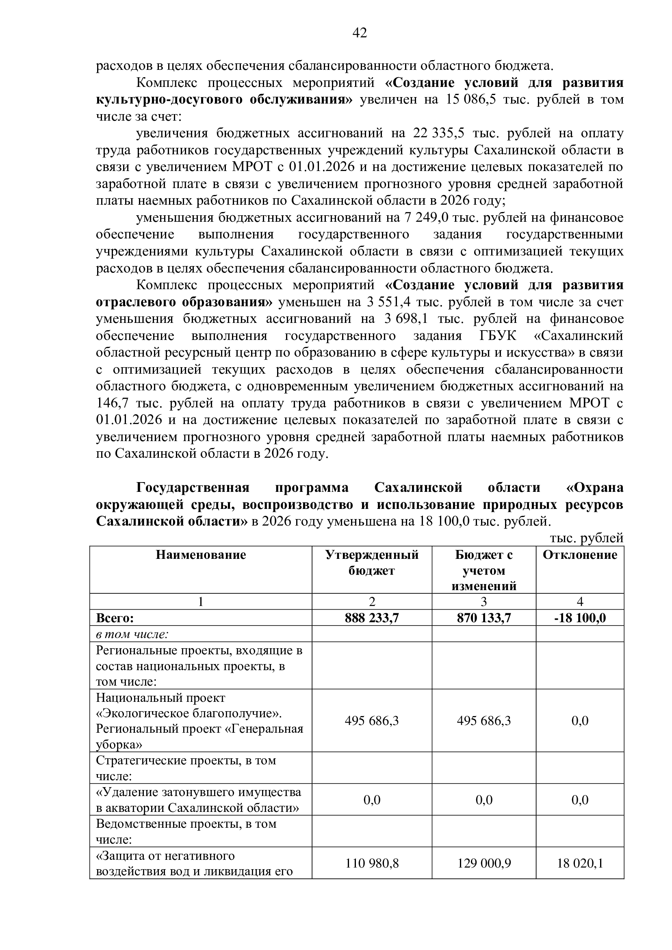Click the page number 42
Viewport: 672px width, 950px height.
360,32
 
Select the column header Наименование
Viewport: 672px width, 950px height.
201,555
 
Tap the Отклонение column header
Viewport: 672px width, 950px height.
580,555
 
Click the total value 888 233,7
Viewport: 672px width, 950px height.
372,618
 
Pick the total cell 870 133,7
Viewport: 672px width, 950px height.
484,618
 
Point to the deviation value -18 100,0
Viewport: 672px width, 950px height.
580,618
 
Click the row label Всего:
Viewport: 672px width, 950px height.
115,618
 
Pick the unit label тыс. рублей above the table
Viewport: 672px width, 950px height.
586,538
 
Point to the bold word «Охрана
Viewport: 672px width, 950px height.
595,488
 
